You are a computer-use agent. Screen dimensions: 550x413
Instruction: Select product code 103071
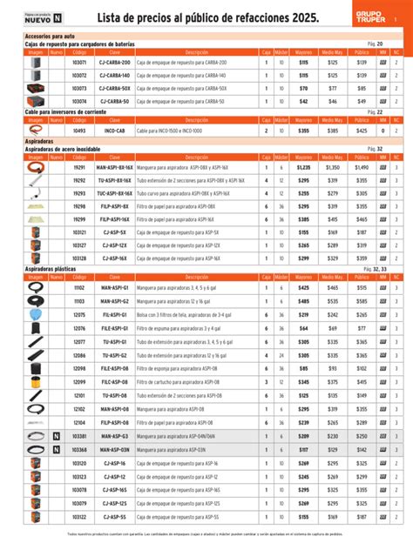[x=79, y=63]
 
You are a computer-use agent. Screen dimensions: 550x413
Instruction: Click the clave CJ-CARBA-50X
[x=115, y=88]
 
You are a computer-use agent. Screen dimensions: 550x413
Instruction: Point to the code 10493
[x=79, y=131]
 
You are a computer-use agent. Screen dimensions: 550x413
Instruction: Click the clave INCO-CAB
[x=115, y=131]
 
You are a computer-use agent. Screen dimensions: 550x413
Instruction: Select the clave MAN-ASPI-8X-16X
[x=115, y=167]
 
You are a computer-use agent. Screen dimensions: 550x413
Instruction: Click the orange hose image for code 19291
[x=36, y=167]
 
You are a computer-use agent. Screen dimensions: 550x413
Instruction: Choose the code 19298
[x=79, y=206]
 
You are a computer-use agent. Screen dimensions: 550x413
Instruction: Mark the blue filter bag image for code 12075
[x=36, y=314]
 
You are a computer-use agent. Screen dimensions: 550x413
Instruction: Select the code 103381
[x=79, y=435]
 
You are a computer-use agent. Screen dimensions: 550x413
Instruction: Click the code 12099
[x=79, y=381]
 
